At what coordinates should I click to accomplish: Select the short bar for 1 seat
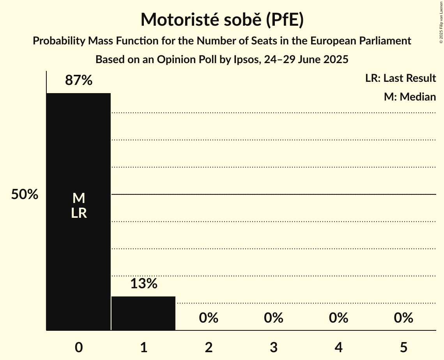tap(143, 313)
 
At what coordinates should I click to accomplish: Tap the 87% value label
tap(78, 80)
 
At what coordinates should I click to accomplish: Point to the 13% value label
tap(143, 284)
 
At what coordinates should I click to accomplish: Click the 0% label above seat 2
tap(209, 318)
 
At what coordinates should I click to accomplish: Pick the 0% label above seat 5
tap(403, 318)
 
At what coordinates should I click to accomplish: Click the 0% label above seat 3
tap(273, 318)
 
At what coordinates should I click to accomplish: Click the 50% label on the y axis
tap(25, 194)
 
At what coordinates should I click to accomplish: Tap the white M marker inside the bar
tap(78, 198)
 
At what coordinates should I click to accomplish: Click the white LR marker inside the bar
tap(78, 213)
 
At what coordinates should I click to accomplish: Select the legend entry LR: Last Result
tap(400, 78)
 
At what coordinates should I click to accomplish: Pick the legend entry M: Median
tap(410, 97)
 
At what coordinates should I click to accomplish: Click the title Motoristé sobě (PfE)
tap(222, 20)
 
